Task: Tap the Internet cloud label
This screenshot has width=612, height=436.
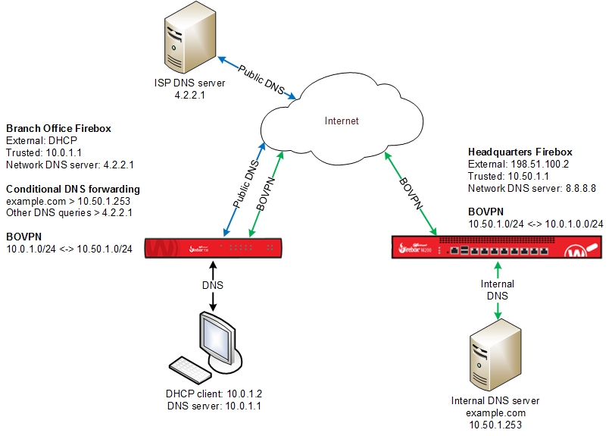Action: [x=341, y=121]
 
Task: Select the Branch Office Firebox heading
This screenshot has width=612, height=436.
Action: [x=58, y=128]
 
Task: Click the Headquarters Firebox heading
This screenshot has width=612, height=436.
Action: [x=520, y=152]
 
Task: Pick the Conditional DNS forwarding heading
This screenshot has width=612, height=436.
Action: [x=73, y=189]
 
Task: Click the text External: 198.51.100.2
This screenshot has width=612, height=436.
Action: [x=519, y=164]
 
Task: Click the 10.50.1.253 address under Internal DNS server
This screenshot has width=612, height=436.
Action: [x=495, y=426]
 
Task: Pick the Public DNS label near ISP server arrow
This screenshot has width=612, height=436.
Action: [x=262, y=79]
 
